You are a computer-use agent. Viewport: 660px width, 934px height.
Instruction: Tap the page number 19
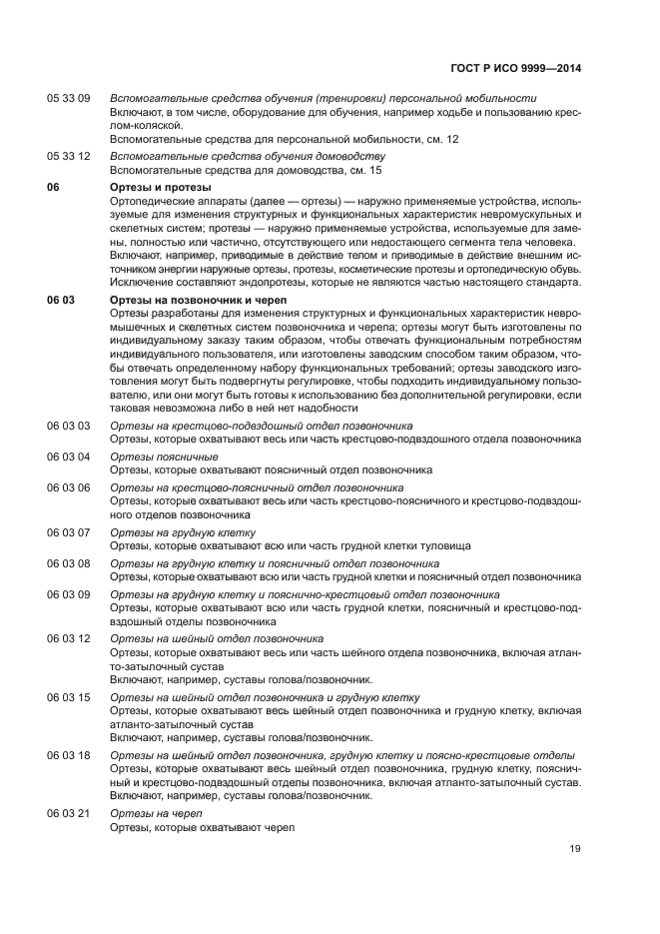pos(575,849)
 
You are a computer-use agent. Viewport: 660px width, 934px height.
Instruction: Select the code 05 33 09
pos(69,99)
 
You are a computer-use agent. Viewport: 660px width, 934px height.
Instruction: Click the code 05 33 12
pos(69,157)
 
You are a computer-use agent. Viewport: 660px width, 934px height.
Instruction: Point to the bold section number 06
pos(54,187)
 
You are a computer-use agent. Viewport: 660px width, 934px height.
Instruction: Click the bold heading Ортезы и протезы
pos(160,187)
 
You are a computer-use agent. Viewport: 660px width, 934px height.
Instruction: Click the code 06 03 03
pos(69,426)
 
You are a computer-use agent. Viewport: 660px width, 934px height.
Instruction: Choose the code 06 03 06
pos(69,487)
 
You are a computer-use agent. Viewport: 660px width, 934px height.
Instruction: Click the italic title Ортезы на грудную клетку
pos(183,532)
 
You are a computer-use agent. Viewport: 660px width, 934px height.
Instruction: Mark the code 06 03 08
pos(69,563)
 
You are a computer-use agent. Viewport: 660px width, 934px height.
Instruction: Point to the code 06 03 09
pos(69,594)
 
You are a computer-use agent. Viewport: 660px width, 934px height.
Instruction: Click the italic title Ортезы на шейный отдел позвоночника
pos(217,638)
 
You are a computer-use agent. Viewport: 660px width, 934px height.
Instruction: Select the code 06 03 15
pos(69,697)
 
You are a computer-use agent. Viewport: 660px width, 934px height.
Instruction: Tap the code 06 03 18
pos(69,755)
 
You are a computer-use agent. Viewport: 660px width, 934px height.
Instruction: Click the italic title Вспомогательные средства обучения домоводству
pos(247,157)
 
